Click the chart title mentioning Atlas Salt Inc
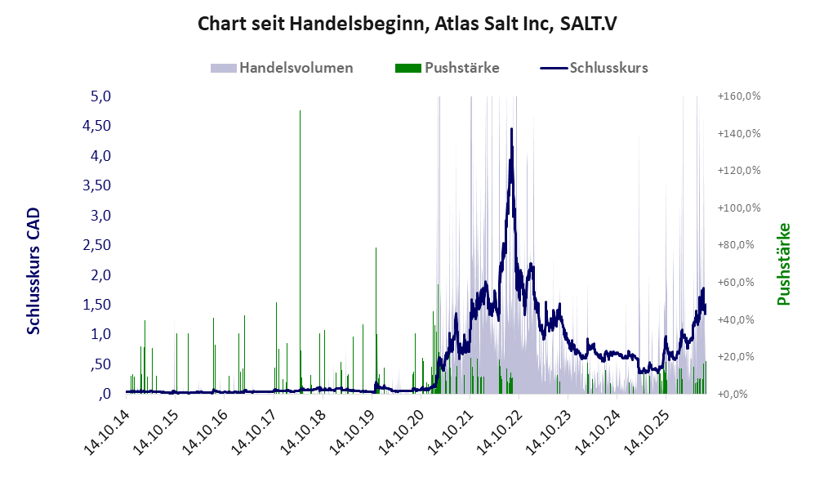(407, 24)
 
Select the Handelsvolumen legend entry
(282, 68)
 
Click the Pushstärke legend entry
(447, 68)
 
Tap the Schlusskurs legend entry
(594, 68)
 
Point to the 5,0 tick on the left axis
(100, 96)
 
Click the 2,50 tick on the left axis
(97, 245)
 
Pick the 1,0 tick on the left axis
(100, 334)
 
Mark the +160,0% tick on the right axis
(739, 96)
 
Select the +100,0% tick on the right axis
(739, 208)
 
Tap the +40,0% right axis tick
(736, 319)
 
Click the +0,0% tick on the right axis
(733, 394)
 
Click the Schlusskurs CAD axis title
(33, 271)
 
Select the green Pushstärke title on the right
(783, 264)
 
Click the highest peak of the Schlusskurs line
(511, 129)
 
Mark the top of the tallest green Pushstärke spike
(300, 111)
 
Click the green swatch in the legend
(408, 68)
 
